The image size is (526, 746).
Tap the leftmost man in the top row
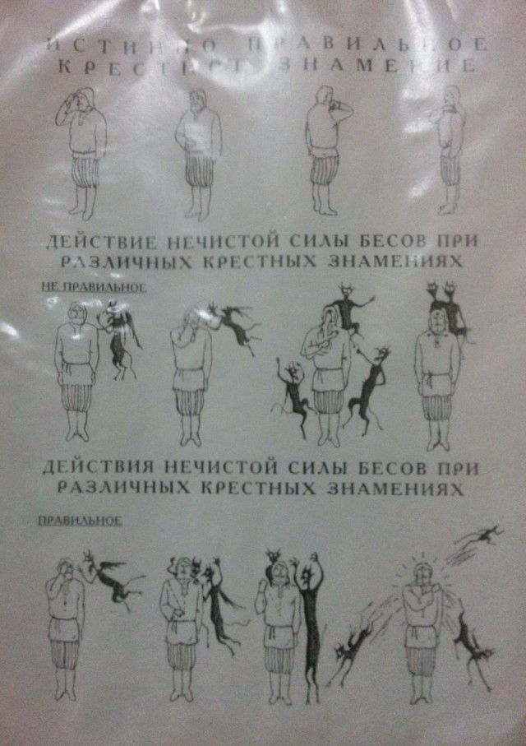(x=82, y=152)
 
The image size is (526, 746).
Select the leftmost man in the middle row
(x=75, y=370)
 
